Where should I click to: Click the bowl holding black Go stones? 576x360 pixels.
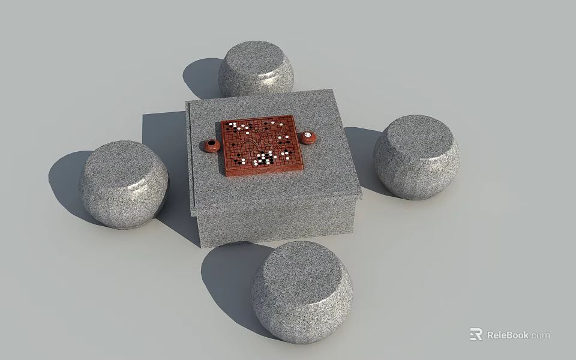coord(211,145)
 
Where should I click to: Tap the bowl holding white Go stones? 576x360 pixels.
coord(308,137)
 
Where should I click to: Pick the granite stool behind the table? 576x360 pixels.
coord(256,69)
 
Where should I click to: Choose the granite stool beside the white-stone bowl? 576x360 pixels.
coord(416,157)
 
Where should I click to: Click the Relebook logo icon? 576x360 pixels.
coord(476,334)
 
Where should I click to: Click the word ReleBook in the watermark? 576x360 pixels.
coord(508,335)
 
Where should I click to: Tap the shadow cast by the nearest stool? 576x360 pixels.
coord(228,276)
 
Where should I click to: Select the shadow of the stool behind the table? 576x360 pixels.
coord(201,78)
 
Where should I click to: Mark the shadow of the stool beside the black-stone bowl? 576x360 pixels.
coord(66,180)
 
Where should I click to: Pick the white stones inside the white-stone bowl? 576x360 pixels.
coord(308,136)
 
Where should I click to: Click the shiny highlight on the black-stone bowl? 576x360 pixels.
coord(207,148)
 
